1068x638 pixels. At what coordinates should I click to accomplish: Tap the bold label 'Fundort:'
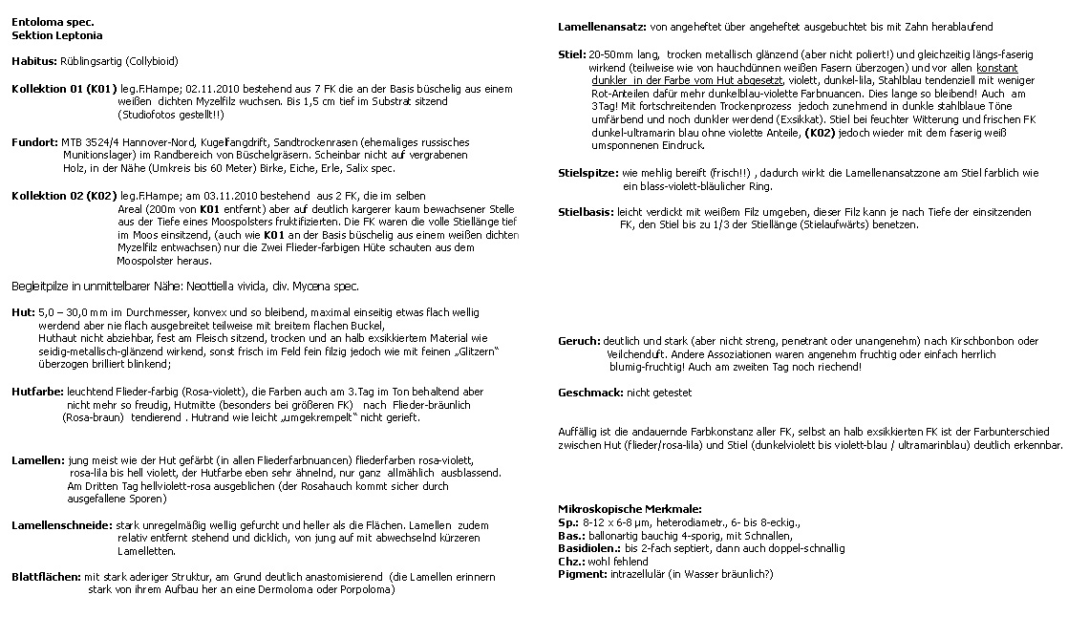pyautogui.click(x=34, y=141)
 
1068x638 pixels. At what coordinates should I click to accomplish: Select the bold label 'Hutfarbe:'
pyautogui.click(x=37, y=392)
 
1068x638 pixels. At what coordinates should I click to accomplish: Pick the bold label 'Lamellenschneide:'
pyautogui.click(x=59, y=525)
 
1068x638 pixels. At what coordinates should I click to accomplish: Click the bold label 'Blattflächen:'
pyautogui.click(x=46, y=577)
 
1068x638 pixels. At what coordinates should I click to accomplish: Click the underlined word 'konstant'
pyautogui.click(x=997, y=68)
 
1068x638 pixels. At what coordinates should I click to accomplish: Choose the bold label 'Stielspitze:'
pyautogui.click(x=587, y=173)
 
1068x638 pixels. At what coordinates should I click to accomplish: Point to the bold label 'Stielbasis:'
pyautogui.click(x=586, y=212)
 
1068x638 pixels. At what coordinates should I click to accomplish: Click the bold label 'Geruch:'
pyautogui.click(x=579, y=341)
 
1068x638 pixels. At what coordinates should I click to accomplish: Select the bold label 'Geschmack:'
pyautogui.click(x=589, y=393)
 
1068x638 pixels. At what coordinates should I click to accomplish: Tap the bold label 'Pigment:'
pyautogui.click(x=582, y=574)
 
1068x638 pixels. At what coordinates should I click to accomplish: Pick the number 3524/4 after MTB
pyautogui.click(x=101, y=141)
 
